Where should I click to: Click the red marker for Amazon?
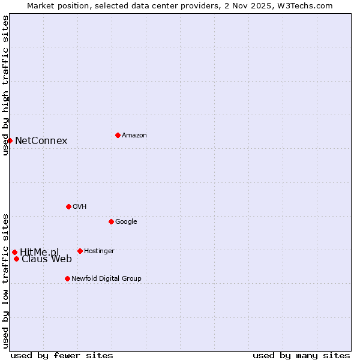pyautogui.click(x=118, y=135)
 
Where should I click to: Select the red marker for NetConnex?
pyautogui.click(x=10, y=140)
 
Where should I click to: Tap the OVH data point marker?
pyautogui.click(x=68, y=206)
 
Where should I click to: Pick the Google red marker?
pyautogui.click(x=111, y=221)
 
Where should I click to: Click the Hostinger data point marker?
pyautogui.click(x=80, y=251)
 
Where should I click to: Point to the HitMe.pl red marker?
pyautogui.click(x=14, y=252)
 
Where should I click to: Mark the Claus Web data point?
pyautogui.click(x=16, y=259)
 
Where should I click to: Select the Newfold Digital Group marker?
pyautogui.click(x=67, y=278)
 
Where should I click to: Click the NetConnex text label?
pyautogui.click(x=41, y=141)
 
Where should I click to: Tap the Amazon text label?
pyautogui.click(x=134, y=136)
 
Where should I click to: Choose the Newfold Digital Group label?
pyautogui.click(x=106, y=279)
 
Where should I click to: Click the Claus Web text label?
pyautogui.click(x=47, y=259)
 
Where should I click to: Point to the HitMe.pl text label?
pyautogui.click(x=40, y=252)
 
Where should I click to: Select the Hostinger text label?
pyautogui.click(x=99, y=251)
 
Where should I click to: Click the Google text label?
pyautogui.click(x=126, y=222)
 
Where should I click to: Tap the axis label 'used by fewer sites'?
pyautogui.click(x=62, y=355)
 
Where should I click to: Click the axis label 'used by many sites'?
pyautogui.click(x=301, y=355)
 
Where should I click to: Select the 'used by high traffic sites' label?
pyautogui.click(x=5, y=85)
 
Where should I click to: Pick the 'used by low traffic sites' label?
pyautogui.click(x=5, y=280)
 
